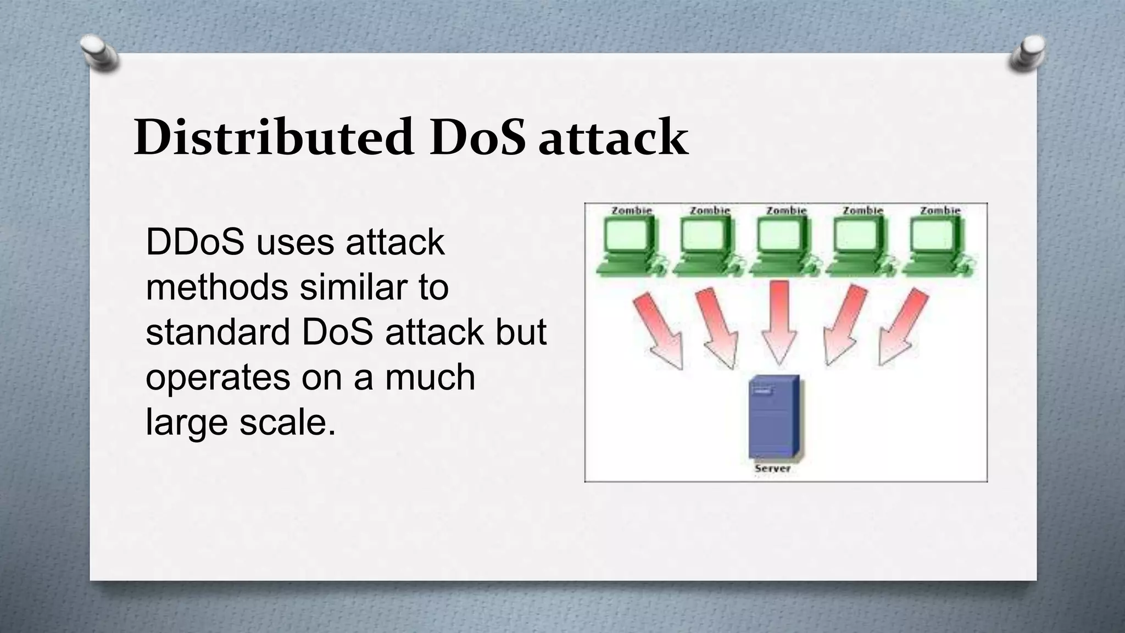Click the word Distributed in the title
[273, 137]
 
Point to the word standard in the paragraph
[218, 332]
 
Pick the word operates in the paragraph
[218, 378]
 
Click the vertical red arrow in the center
[779, 321]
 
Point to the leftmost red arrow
[659, 330]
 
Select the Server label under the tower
[772, 468]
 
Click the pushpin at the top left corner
[100, 53]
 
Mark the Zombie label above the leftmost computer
[631, 210]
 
